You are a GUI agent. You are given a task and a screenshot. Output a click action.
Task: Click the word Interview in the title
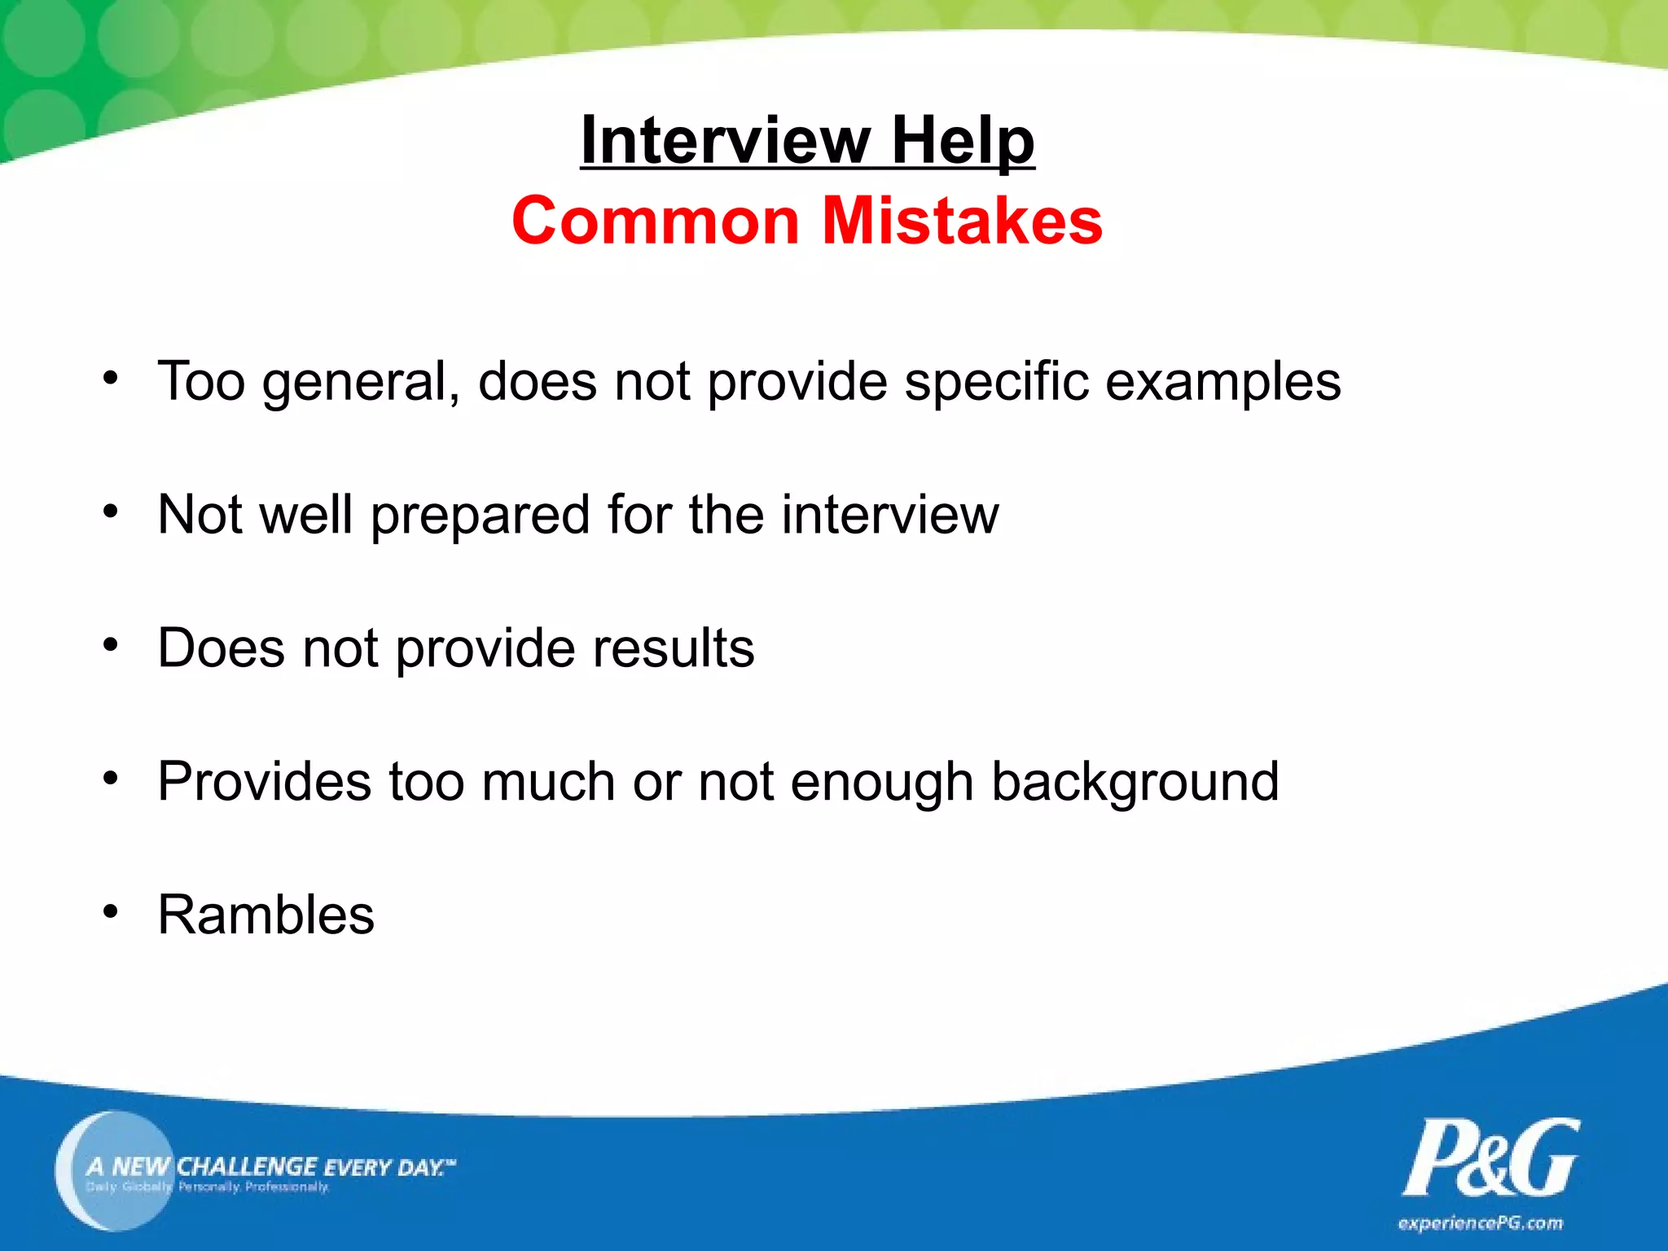point(725,140)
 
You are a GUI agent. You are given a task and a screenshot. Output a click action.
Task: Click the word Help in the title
point(963,140)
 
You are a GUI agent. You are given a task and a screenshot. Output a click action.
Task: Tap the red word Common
point(656,221)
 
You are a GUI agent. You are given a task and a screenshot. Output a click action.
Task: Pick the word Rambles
point(266,915)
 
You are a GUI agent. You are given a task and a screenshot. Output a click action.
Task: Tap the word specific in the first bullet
point(996,381)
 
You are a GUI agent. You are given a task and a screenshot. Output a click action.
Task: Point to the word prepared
point(481,516)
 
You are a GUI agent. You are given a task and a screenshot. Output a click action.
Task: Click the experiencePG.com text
point(1480,1223)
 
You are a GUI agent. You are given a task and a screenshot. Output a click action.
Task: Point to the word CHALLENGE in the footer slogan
point(246,1166)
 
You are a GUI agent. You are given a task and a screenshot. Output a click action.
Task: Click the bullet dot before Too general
point(111,377)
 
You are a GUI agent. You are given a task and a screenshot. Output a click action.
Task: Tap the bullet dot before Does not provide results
point(111,644)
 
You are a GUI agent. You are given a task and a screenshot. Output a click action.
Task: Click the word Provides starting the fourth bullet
point(265,782)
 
